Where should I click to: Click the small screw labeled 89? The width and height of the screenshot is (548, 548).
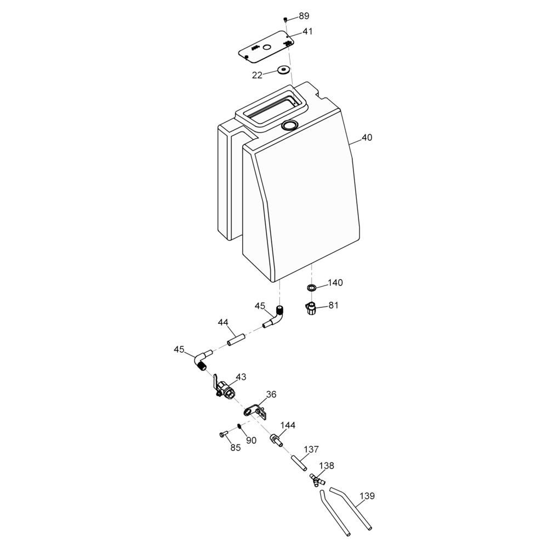(x=286, y=19)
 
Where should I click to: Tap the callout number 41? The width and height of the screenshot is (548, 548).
(x=307, y=31)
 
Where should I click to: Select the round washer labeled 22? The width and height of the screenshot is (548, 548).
(x=283, y=70)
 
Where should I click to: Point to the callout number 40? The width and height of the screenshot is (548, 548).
(x=367, y=138)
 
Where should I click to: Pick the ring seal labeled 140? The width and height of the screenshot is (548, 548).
(x=311, y=288)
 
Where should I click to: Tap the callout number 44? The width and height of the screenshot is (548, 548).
(x=224, y=322)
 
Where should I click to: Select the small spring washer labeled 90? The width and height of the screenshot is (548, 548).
(x=239, y=426)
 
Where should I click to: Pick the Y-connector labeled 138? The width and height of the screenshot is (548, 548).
(x=317, y=480)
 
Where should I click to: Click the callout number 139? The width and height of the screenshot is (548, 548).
(x=367, y=495)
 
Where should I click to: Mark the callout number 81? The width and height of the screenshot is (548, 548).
(x=333, y=305)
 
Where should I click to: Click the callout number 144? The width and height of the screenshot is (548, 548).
(x=288, y=425)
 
